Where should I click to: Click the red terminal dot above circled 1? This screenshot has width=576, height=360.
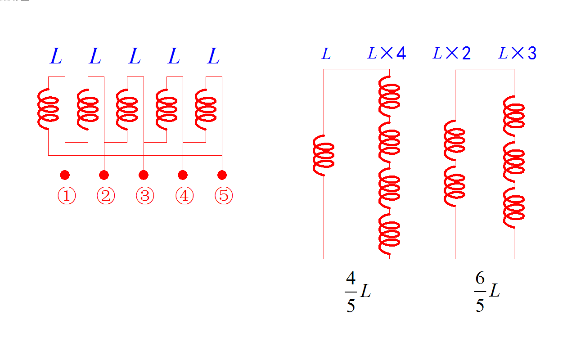click(65, 175)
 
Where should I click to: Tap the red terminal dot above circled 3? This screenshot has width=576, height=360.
click(144, 175)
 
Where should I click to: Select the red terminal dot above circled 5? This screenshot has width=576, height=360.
click(222, 175)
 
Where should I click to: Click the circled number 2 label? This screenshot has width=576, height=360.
click(106, 196)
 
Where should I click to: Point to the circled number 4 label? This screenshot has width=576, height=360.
click(184, 196)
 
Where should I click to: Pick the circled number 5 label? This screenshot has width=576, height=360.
click(224, 196)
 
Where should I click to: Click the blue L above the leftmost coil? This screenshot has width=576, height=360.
click(55, 57)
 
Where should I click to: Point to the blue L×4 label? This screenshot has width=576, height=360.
click(387, 54)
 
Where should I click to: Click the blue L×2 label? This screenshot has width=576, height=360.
click(452, 54)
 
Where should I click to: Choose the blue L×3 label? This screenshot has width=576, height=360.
click(517, 54)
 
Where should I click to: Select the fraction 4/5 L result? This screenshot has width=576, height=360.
click(358, 293)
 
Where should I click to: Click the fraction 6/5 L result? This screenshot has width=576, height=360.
click(487, 293)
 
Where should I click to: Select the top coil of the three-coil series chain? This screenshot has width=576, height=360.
click(513, 115)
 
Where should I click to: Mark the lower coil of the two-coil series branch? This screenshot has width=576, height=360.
click(455, 189)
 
